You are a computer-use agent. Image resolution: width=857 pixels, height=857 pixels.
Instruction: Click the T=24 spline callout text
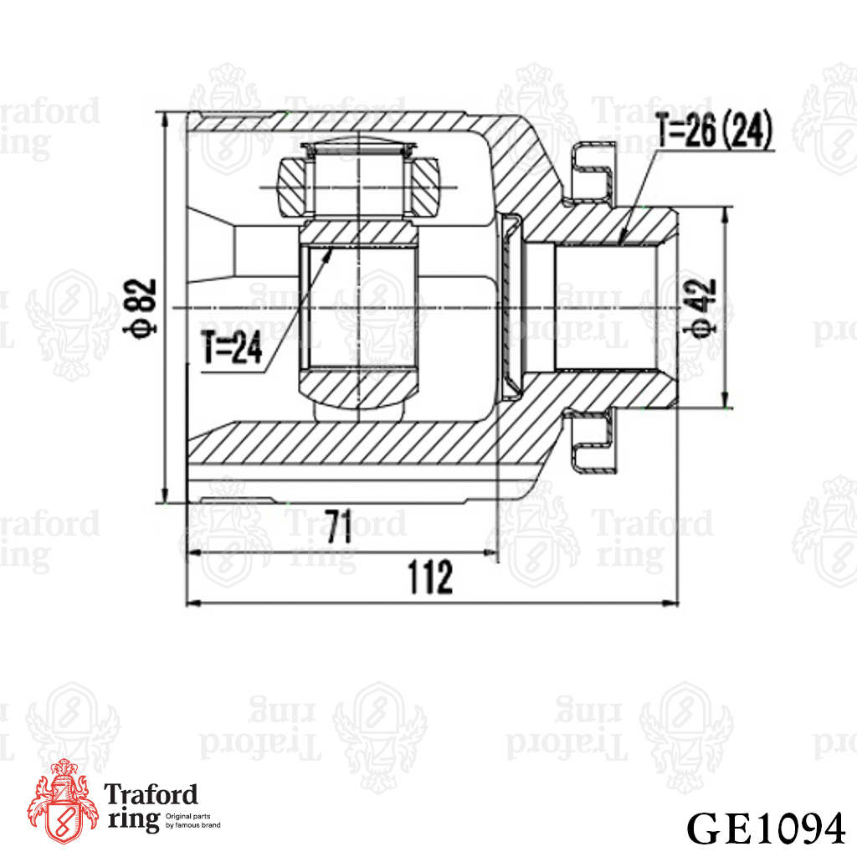pyautogui.click(x=232, y=347)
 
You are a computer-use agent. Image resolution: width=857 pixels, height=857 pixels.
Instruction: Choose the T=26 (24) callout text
pyautogui.click(x=715, y=130)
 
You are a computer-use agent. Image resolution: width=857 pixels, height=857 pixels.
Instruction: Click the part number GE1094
pyautogui.click(x=766, y=829)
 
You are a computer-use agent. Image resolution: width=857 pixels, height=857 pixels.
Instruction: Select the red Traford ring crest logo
pyautogui.click(x=62, y=801)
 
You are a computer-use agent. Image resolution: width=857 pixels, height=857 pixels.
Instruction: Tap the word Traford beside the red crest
pyautogui.click(x=151, y=794)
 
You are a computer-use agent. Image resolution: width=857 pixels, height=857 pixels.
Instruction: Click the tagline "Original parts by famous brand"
pyautogui.click(x=193, y=820)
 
